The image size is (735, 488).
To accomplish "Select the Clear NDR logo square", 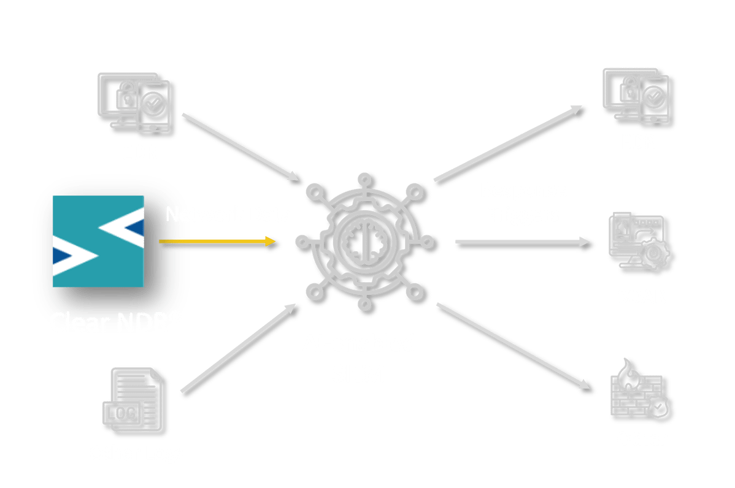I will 98,241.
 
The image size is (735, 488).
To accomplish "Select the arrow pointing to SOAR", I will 525,243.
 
